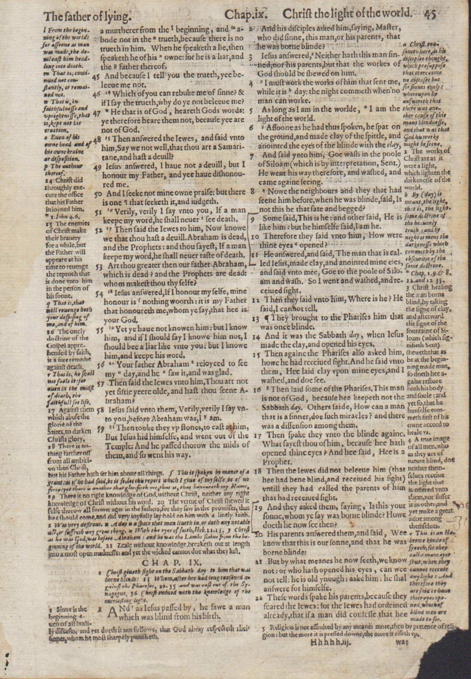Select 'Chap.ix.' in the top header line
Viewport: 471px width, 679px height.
pyautogui.click(x=246, y=14)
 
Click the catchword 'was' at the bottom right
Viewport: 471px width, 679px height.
pyautogui.click(x=401, y=642)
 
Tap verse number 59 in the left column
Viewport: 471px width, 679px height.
pyautogui.click(x=101, y=429)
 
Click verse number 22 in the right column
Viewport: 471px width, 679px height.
pyautogui.click(x=259, y=597)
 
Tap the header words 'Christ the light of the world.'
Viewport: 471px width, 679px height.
pyautogui.click(x=348, y=14)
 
